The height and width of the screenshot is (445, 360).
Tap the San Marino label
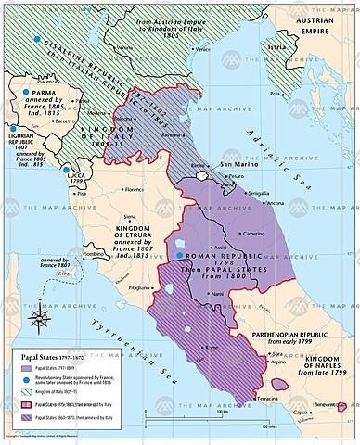coord(238,164)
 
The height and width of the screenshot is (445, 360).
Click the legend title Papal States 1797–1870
coord(56,354)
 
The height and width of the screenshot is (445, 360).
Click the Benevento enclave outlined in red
coord(342,406)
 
